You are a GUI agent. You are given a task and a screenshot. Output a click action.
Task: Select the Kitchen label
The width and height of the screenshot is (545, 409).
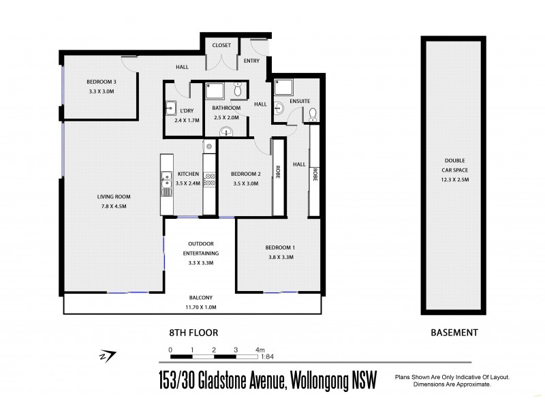(x=188, y=174)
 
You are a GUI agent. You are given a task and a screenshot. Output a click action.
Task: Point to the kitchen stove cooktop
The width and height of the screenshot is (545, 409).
(x=210, y=179)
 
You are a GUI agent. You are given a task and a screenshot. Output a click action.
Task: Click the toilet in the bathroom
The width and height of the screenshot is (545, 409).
(x=238, y=90)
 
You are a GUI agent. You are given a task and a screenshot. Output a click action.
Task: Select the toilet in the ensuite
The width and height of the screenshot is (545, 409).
(x=312, y=113)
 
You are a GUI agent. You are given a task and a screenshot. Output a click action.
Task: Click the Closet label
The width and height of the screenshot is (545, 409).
(x=222, y=46)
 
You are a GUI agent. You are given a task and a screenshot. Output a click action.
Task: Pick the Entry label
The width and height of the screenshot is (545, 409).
(x=251, y=61)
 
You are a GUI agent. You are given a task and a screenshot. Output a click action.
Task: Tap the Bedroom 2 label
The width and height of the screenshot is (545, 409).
(x=246, y=174)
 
